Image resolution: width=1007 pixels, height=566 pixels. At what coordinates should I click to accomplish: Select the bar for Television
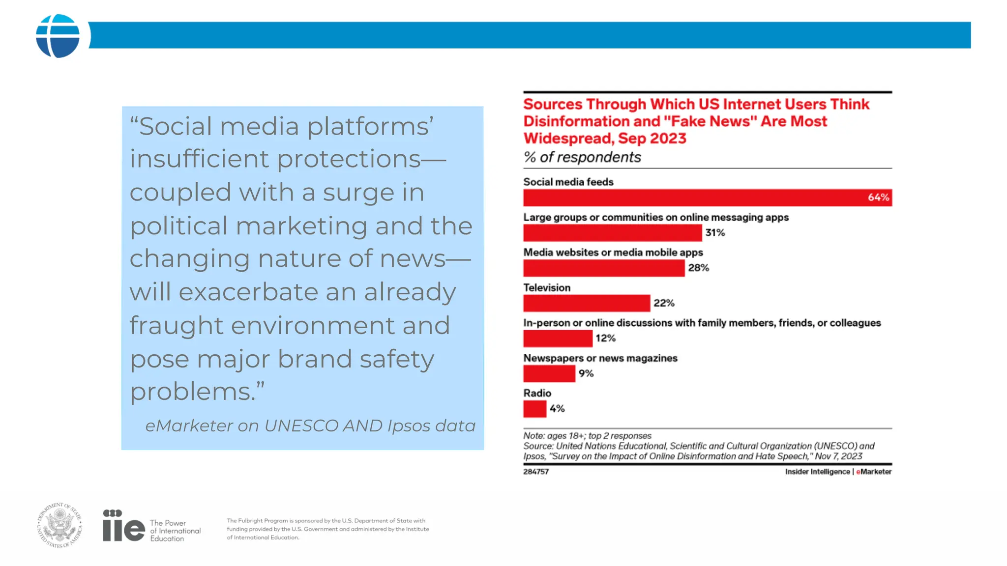tap(586, 303)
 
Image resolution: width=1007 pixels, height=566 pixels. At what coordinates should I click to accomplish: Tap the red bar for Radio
tap(534, 409)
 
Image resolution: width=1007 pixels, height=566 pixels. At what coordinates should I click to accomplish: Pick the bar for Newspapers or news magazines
tap(549, 373)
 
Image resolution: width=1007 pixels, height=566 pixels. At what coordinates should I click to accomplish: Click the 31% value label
tap(715, 233)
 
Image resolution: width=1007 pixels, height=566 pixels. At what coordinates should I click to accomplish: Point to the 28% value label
tap(698, 268)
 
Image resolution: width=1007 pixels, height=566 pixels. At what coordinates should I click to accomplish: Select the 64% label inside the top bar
tap(878, 198)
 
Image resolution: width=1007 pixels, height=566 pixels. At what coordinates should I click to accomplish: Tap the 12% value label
tap(605, 339)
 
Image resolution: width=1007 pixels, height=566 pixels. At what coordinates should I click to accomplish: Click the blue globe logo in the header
tap(58, 36)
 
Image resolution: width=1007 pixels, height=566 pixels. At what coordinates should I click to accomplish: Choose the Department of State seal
tap(59, 525)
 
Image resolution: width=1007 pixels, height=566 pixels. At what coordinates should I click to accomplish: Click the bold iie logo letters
tap(123, 526)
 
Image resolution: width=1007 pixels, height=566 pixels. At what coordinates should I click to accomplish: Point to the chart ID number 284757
tap(536, 472)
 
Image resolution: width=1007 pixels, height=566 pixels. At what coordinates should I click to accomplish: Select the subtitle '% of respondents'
tap(582, 157)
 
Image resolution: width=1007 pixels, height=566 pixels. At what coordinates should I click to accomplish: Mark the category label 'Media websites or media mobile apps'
tap(613, 253)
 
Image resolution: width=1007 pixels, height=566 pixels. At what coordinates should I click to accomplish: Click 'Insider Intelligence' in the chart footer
tap(817, 472)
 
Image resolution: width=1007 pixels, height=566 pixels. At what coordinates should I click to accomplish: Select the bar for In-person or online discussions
tap(558, 339)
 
